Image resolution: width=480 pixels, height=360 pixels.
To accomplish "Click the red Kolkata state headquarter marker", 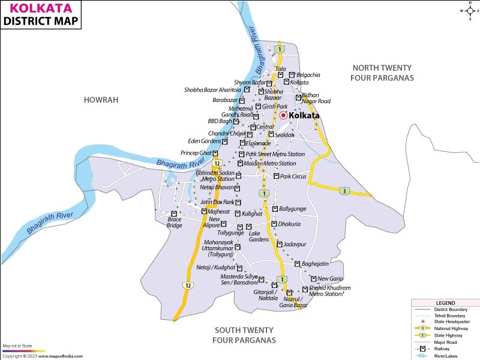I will (x=283, y=115).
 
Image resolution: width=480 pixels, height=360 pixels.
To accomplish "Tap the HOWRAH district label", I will (x=101, y=100).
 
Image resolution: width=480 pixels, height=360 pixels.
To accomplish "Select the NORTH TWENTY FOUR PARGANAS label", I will (x=383, y=73).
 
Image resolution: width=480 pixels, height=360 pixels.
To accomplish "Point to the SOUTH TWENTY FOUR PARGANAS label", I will (x=244, y=335).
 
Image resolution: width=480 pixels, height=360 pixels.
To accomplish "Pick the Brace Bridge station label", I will (x=174, y=222).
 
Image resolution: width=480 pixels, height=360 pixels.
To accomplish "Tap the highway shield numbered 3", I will (x=343, y=191).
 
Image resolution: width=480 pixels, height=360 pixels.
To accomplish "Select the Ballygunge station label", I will (x=292, y=209).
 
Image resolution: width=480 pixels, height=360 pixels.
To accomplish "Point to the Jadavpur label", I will (x=295, y=244).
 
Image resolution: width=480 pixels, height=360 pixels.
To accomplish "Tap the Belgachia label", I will (x=308, y=75).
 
